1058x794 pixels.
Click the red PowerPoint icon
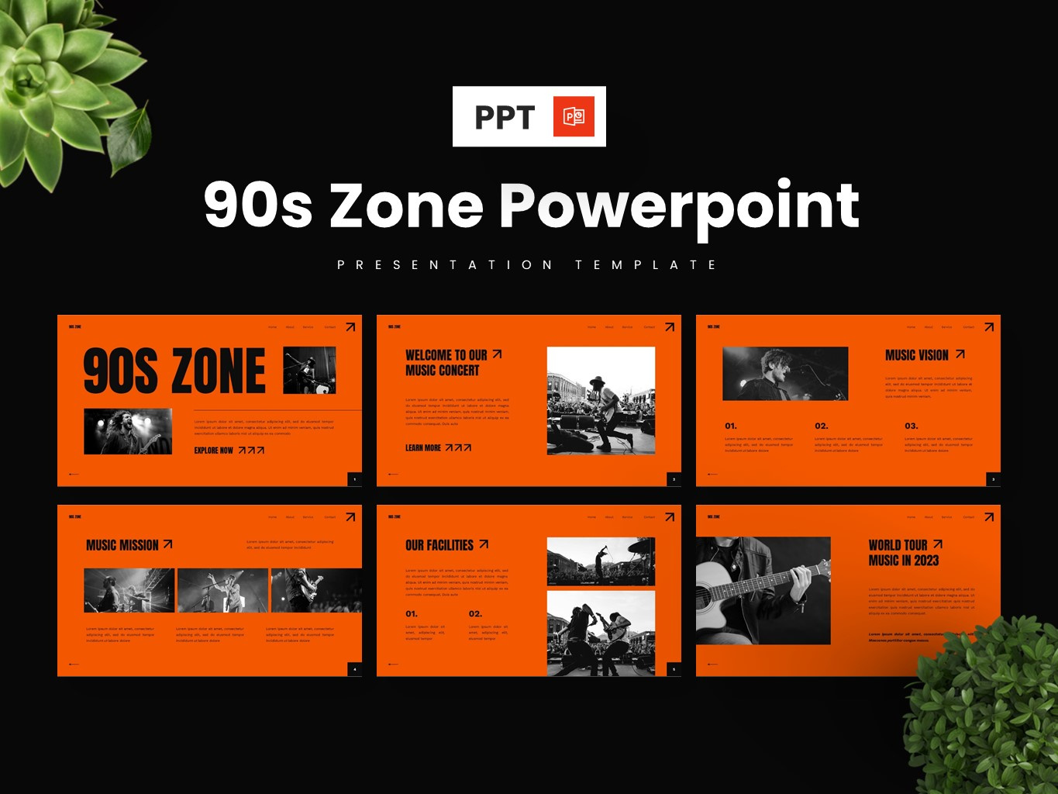[x=574, y=116]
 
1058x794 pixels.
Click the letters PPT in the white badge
[x=505, y=117]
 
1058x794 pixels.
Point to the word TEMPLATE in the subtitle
[x=646, y=265]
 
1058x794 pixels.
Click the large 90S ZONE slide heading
[x=174, y=371]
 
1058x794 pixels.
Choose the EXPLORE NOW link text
[x=213, y=451]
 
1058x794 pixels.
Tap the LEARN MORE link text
[x=423, y=448]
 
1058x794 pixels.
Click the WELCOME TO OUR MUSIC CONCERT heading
[x=446, y=363]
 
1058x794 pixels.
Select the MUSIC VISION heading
[x=917, y=355]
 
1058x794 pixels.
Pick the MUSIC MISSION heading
[x=122, y=545]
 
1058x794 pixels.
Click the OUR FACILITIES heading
[x=439, y=545]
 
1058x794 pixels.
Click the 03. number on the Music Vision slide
[x=912, y=426]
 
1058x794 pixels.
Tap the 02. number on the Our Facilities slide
[x=475, y=614]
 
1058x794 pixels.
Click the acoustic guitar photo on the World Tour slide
[x=763, y=591]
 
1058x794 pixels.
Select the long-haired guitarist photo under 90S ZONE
[x=128, y=431]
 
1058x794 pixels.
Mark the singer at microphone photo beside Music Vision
[x=785, y=374]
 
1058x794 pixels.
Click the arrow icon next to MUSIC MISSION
[x=167, y=544]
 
